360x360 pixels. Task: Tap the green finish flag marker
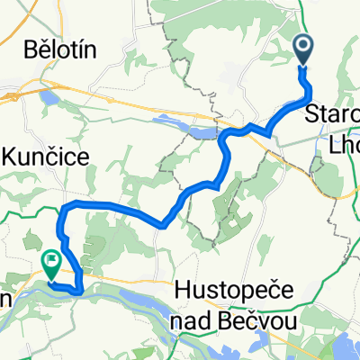(51, 263)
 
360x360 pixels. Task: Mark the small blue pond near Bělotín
(48, 96)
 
